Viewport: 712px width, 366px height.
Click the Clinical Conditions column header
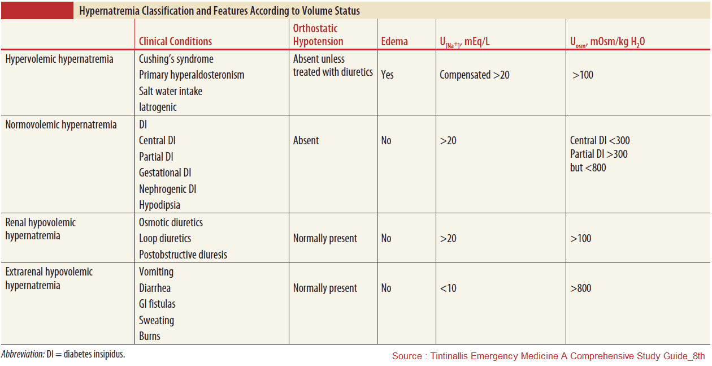175,41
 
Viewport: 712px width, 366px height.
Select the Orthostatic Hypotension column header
318,35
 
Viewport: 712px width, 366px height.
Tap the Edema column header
394,41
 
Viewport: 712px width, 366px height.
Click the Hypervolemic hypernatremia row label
59,59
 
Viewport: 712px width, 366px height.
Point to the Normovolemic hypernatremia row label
61,124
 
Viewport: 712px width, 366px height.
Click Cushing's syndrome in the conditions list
176,59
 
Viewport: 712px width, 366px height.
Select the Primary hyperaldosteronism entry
192,75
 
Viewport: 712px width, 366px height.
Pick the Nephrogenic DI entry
168,189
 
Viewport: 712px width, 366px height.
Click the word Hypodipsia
160,205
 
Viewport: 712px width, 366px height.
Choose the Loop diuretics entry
165,238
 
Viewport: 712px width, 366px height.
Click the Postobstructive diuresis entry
183,255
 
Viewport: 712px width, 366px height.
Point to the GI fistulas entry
157,304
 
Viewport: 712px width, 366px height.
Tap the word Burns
150,336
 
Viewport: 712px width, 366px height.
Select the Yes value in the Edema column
387,74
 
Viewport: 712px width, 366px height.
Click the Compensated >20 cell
475,74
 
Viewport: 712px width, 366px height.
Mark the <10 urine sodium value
448,288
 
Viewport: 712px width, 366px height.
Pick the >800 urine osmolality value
581,288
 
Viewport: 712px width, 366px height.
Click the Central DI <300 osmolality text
600,140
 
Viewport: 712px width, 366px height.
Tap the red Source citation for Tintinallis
548,356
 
